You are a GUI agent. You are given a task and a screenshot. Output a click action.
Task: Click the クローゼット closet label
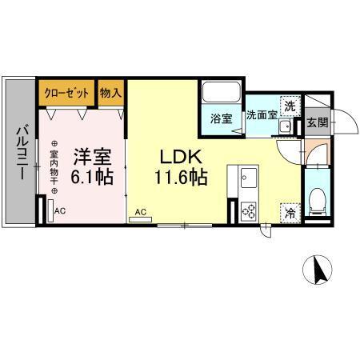(x=67, y=92)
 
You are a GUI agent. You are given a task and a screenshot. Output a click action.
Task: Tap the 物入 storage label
(x=111, y=92)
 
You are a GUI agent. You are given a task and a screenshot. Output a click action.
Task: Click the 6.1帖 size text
(x=90, y=178)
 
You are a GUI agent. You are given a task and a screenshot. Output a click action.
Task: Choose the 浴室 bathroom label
(x=221, y=119)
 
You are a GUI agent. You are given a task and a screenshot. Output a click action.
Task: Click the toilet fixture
(x=317, y=200)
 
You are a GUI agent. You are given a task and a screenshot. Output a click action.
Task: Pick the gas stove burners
(x=248, y=210)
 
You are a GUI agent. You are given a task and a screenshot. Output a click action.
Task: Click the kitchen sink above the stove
(x=247, y=175)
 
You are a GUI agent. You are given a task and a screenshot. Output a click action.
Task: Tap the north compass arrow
(x=319, y=271)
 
